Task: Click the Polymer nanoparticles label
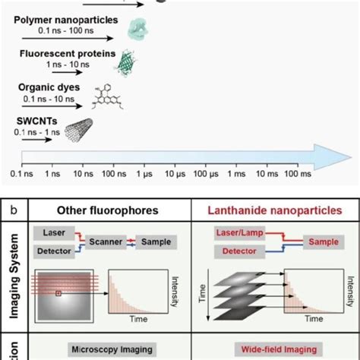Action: tap(68, 16)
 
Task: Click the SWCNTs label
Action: tap(36, 121)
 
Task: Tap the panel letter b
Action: tap(24, 204)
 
